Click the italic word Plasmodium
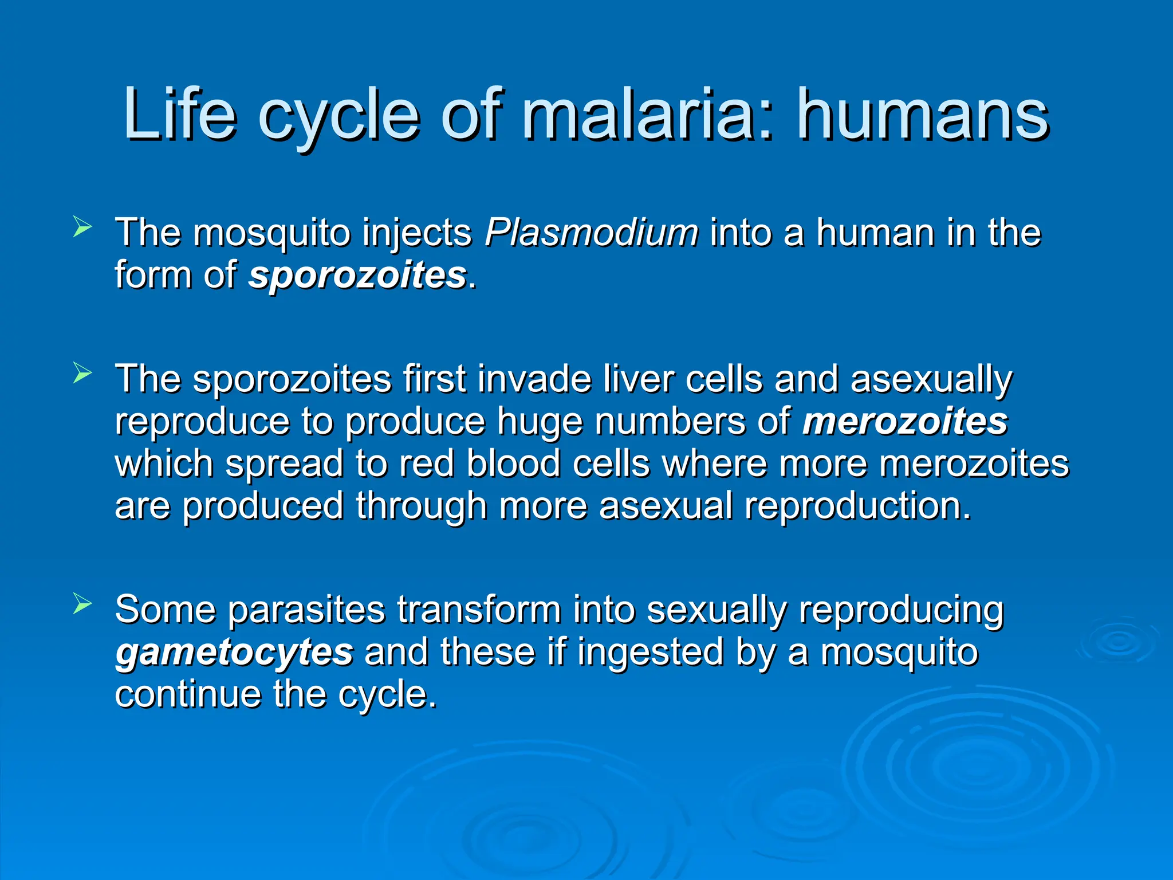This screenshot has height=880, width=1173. click(x=591, y=233)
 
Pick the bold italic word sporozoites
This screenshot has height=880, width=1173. click(x=357, y=276)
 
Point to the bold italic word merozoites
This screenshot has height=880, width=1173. click(x=904, y=422)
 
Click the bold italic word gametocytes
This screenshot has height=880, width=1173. click(x=234, y=653)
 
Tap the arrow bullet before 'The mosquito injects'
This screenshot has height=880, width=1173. click(x=82, y=227)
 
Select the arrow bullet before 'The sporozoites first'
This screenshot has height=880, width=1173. click(x=82, y=374)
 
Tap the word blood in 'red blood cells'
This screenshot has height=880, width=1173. click(x=513, y=463)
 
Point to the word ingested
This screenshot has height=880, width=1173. click(x=650, y=653)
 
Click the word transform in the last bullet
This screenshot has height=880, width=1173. click(x=479, y=610)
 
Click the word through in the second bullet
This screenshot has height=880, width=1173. click(x=421, y=507)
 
